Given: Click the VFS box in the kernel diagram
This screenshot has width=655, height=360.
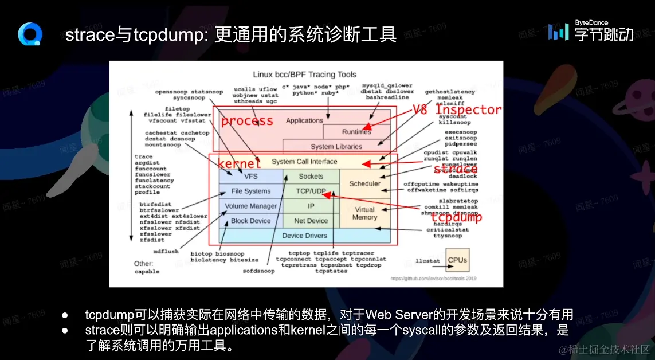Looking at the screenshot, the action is point(250,176).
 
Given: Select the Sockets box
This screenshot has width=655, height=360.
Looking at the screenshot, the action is point(311,176).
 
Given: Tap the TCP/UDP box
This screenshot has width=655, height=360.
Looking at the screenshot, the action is point(311,191).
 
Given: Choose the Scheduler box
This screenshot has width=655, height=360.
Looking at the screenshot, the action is point(365,183).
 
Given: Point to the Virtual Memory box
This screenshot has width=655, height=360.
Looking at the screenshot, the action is point(365,213).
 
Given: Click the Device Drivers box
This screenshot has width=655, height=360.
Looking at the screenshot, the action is point(304,236).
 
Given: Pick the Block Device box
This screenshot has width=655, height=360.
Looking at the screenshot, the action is point(250,221).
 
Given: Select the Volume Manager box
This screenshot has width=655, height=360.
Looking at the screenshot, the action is point(250,206).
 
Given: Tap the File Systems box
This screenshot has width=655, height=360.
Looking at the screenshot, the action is point(250,191).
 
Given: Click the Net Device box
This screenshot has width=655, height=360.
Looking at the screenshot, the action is point(311,221).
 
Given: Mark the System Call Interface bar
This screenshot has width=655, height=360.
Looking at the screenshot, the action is point(304,162).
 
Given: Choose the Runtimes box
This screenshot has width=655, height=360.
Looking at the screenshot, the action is point(356,132).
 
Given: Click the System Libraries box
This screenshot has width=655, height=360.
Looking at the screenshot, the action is point(336,147).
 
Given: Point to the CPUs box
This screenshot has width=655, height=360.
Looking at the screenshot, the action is point(457,260).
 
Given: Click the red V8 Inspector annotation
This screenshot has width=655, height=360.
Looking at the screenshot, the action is point(457,109).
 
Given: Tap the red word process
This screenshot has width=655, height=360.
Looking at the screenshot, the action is point(247,121).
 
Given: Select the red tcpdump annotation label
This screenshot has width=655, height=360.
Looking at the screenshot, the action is point(457,217).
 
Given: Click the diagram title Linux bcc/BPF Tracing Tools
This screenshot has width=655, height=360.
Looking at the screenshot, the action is point(304,75).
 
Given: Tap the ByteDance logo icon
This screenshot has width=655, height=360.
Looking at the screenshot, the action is point(558,32).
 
